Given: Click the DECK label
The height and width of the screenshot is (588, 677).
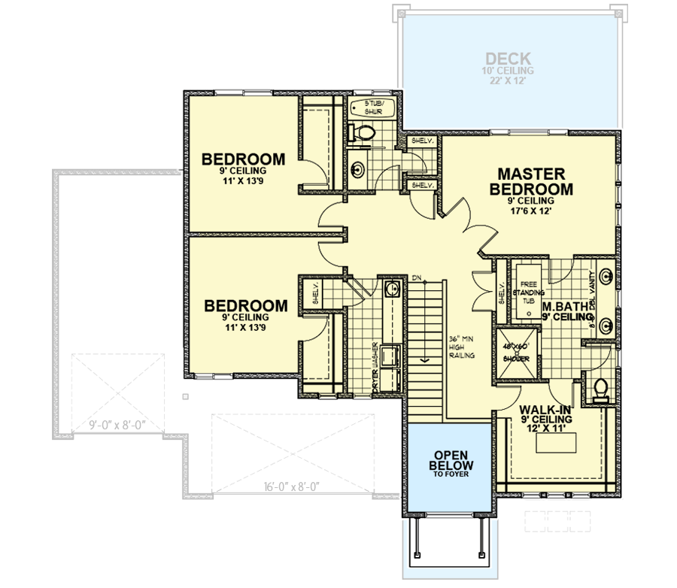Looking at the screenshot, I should coord(509,58).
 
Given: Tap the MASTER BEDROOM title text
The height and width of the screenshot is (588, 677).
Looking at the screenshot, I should coord(531,181).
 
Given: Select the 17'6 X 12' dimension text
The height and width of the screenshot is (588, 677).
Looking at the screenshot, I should coord(531,213).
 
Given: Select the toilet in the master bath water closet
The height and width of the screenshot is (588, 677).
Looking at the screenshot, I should coord(600,388).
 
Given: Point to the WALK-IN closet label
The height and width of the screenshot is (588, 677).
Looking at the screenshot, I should coord(546,409).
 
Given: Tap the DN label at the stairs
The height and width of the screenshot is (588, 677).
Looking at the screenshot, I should coord(416,278).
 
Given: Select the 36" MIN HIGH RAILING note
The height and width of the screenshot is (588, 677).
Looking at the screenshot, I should coord(461,347).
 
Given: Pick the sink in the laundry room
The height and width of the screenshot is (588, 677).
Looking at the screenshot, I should coord(390,288).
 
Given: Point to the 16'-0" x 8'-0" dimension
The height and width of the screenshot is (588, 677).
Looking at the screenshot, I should coord(293,486).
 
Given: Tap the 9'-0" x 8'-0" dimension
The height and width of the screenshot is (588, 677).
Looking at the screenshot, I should coord(117,426).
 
